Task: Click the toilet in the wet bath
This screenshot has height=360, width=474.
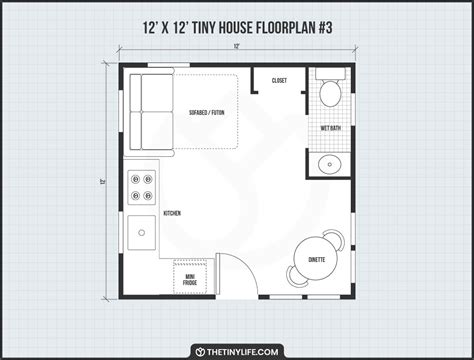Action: (330, 88)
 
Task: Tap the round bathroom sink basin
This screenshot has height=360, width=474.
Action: (330, 164)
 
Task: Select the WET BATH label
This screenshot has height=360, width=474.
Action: (331, 128)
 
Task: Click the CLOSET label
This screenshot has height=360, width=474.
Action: (279, 81)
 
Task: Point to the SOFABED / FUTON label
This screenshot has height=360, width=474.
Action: (207, 113)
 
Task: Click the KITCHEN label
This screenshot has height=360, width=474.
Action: (172, 213)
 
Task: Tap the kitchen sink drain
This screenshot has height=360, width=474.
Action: (142, 233)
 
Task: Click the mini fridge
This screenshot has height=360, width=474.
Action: (190, 277)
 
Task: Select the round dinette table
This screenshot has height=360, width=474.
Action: (316, 258)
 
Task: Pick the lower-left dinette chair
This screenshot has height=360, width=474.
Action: (293, 277)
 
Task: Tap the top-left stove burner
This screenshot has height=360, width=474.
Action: (135, 179)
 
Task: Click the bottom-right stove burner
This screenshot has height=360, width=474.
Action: (148, 195)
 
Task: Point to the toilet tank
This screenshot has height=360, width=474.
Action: (331, 74)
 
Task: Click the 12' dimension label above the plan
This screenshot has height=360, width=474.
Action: (237, 47)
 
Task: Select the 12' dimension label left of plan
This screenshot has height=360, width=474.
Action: (102, 182)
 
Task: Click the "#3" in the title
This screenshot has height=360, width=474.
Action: (324, 28)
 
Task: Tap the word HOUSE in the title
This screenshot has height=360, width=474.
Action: (235, 28)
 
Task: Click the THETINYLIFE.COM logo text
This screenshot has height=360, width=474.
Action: (242, 352)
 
